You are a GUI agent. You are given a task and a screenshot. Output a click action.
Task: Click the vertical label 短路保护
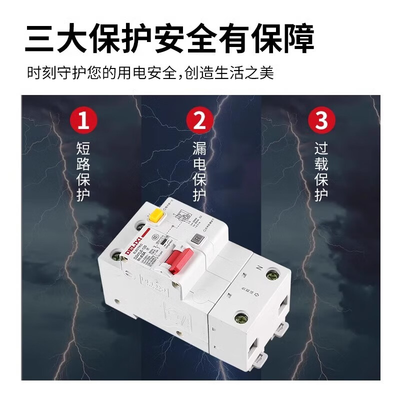[x=83, y=171]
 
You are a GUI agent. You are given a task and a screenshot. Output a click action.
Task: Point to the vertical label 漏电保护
[x=199, y=171]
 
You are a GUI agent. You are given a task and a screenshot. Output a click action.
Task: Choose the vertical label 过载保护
[x=321, y=171]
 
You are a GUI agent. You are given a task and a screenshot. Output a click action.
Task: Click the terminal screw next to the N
[x=273, y=275]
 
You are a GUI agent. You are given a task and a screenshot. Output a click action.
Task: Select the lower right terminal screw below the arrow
[x=241, y=318]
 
